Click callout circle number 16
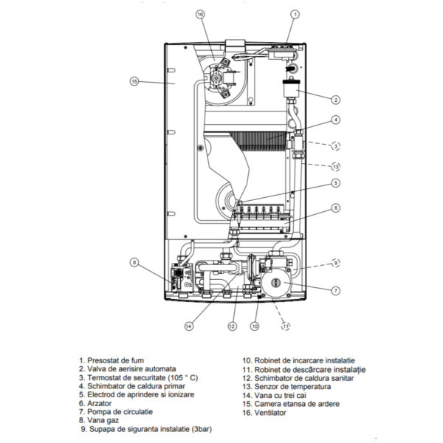(x=200, y=15)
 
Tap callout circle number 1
(x=295, y=15)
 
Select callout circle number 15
(x=134, y=81)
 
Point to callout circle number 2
(x=336, y=100)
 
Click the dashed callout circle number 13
(x=336, y=167)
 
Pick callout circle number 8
(x=134, y=262)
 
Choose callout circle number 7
(x=336, y=290)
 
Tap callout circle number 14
(x=189, y=326)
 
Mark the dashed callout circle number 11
(x=286, y=326)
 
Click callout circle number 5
(x=336, y=183)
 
